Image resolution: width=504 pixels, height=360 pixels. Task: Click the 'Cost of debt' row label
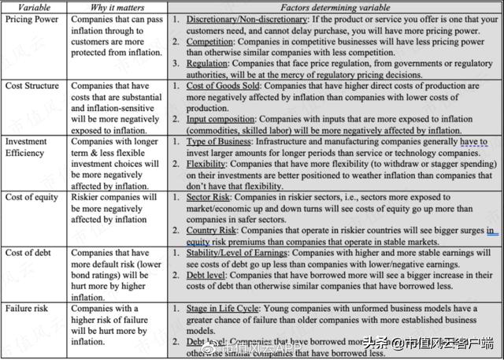[29, 253]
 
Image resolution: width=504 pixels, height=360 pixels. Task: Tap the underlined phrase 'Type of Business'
[220, 141]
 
